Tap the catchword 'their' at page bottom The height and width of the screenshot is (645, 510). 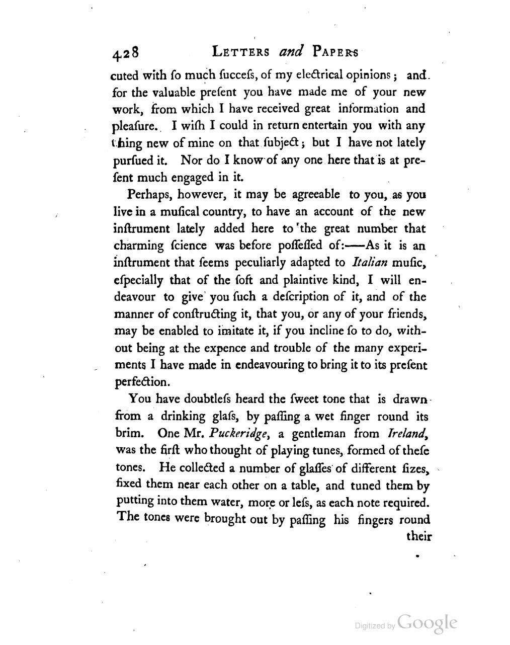418,536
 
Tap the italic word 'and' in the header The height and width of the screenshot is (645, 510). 289,51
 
